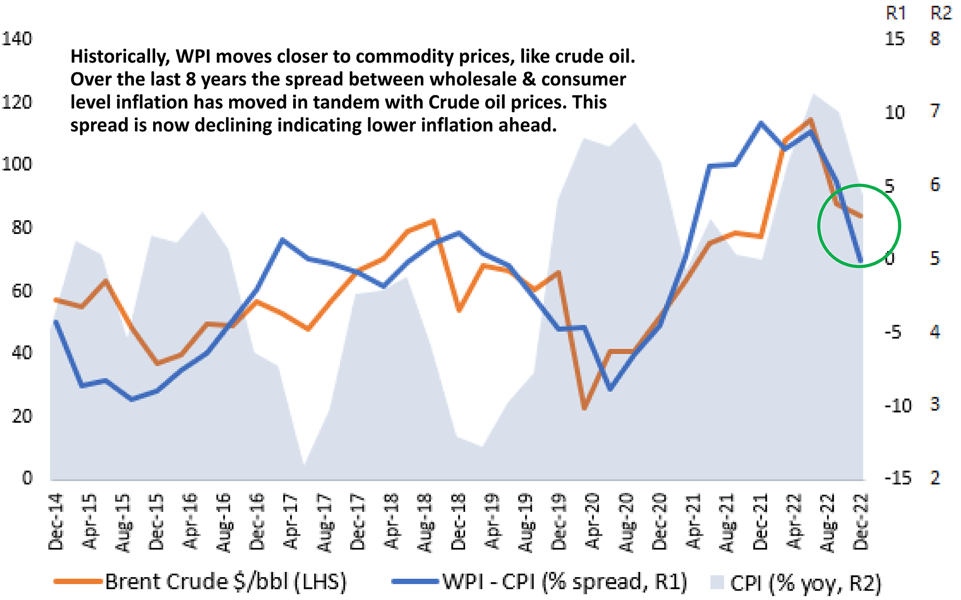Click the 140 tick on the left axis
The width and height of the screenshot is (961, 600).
click(x=17, y=39)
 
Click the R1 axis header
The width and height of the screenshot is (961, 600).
click(x=896, y=13)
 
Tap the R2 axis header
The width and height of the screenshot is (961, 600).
click(x=941, y=13)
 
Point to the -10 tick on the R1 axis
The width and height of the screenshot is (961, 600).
click(x=898, y=405)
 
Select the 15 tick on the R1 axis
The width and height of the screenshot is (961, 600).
click(x=895, y=39)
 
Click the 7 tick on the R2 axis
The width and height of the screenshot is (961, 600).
click(x=935, y=111)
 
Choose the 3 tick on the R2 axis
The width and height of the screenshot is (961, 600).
click(x=935, y=404)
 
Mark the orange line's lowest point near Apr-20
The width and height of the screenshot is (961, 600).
click(x=584, y=408)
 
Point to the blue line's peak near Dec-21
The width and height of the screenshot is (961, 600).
click(x=760, y=123)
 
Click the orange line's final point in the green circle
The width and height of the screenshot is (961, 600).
click(x=861, y=216)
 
